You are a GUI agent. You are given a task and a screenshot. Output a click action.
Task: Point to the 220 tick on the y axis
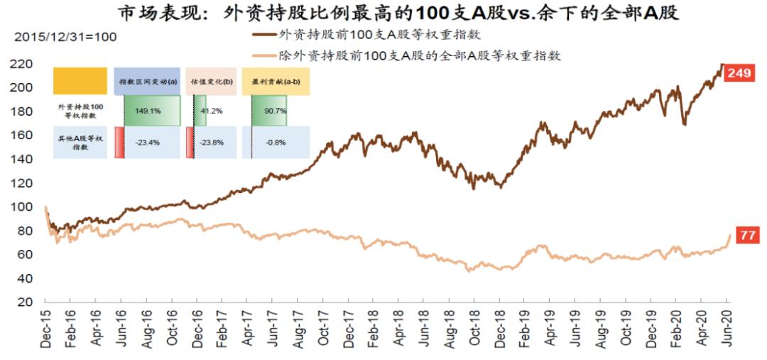coord(24,64)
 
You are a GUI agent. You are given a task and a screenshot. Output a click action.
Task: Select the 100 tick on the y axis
coord(24,207)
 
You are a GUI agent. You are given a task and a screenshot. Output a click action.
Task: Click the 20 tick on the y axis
coord(27,302)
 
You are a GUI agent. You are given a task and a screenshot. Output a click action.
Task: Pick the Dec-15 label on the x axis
coord(47,328)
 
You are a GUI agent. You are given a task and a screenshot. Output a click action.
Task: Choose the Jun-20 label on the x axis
coord(728,328)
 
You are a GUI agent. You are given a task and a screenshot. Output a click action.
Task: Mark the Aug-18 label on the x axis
coord(451,328)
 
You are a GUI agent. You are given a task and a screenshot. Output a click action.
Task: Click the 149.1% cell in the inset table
coord(148,111)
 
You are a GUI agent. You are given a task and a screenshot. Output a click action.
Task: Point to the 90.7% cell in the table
coord(275,111)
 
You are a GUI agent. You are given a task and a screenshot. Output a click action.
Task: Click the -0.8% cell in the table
coord(275,143)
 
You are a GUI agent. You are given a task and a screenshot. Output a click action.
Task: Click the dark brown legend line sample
coord(264,33)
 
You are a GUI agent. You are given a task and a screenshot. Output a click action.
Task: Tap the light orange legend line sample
coord(264,55)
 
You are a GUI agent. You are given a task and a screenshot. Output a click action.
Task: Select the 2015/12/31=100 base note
coord(65,36)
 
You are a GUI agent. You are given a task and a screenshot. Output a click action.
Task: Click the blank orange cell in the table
coord(80,82)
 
